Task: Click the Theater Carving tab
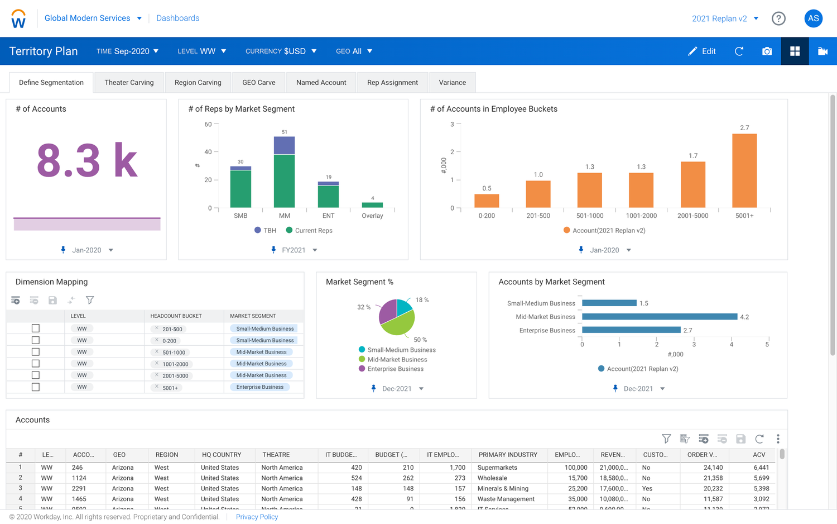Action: [x=129, y=83]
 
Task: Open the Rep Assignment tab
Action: [x=392, y=83]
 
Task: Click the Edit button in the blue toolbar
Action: [x=702, y=51]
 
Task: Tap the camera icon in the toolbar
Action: [x=767, y=51]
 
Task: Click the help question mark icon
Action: [x=778, y=18]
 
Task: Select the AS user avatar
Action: [x=813, y=18]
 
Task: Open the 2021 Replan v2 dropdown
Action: [x=725, y=18]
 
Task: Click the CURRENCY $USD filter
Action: [x=281, y=51]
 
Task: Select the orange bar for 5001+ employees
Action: [x=744, y=170]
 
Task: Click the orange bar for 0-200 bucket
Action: [x=487, y=201]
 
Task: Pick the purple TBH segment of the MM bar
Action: [x=284, y=145]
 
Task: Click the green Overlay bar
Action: [x=372, y=205]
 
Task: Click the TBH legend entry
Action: [x=265, y=230]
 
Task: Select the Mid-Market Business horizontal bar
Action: [x=659, y=317]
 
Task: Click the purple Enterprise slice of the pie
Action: [x=387, y=312]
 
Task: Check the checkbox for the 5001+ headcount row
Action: [x=36, y=387]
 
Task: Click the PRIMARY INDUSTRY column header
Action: [x=507, y=455]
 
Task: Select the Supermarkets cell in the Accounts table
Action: [x=497, y=468]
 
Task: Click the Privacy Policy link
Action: [x=257, y=517]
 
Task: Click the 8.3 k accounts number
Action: [x=87, y=161]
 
